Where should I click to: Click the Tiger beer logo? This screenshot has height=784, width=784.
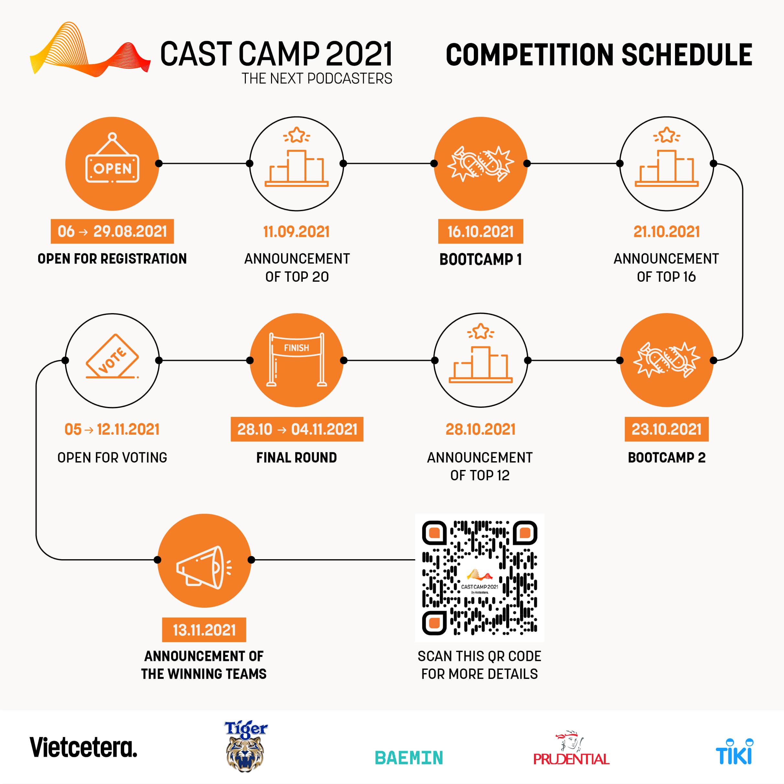pyautogui.click(x=245, y=746)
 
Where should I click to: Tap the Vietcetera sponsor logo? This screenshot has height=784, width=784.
pyautogui.click(x=83, y=747)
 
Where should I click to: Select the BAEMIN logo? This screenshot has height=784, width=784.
pyautogui.click(x=408, y=757)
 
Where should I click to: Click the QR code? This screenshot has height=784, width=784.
pyautogui.click(x=479, y=577)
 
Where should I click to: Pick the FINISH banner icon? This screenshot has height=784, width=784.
pyautogui.click(x=297, y=359)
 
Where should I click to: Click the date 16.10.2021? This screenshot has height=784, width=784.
pyautogui.click(x=481, y=231)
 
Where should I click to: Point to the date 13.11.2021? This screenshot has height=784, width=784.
pyautogui.click(x=204, y=630)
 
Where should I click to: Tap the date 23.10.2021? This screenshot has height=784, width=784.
pyautogui.click(x=666, y=429)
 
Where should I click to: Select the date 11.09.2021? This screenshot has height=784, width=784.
pyautogui.click(x=297, y=232)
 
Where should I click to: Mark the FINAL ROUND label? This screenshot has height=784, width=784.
pyautogui.click(x=297, y=457)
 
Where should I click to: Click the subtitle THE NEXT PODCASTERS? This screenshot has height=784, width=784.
pyautogui.click(x=317, y=78)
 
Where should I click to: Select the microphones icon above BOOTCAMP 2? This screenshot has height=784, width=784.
pyautogui.click(x=666, y=360)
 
